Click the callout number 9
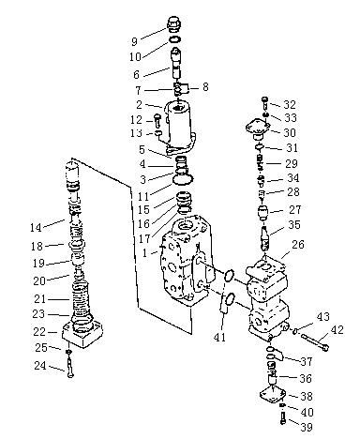135,41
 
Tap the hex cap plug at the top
175,23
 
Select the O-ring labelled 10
175,39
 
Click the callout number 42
337,330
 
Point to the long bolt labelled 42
315,341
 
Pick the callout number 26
297,244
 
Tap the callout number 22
39,332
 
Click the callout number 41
220,337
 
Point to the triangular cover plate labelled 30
258,129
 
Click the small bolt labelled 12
157,120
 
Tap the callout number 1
144,252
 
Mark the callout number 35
294,224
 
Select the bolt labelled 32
264,102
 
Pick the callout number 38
307,396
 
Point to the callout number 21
40,299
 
